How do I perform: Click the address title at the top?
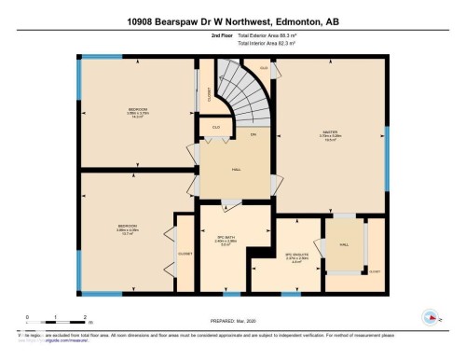click(x=232, y=21)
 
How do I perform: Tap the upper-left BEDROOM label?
click(x=138, y=111)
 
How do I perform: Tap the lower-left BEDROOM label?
click(x=127, y=227)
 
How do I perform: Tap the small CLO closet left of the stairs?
click(x=216, y=127)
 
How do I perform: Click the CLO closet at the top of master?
click(x=264, y=69)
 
